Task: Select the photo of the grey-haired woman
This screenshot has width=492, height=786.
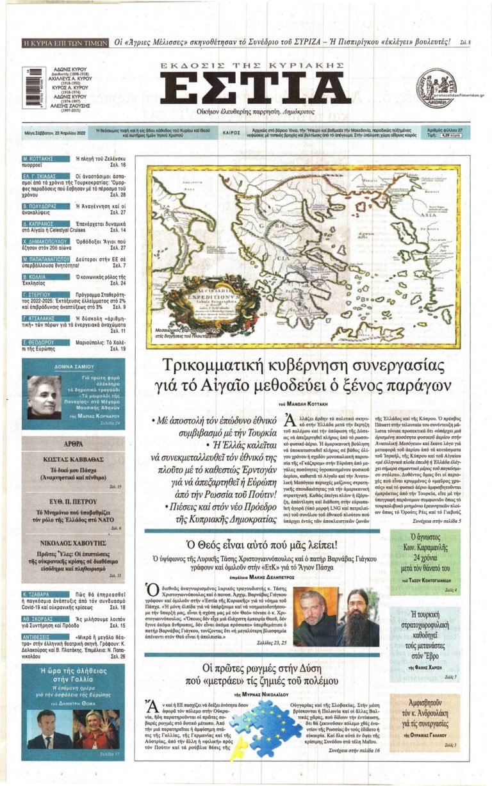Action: pyautogui.click(x=44, y=397)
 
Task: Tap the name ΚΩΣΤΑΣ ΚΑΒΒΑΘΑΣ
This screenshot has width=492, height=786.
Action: pyautogui.click(x=73, y=460)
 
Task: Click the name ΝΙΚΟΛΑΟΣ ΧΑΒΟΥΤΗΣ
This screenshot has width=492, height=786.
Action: pyautogui.click(x=73, y=541)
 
